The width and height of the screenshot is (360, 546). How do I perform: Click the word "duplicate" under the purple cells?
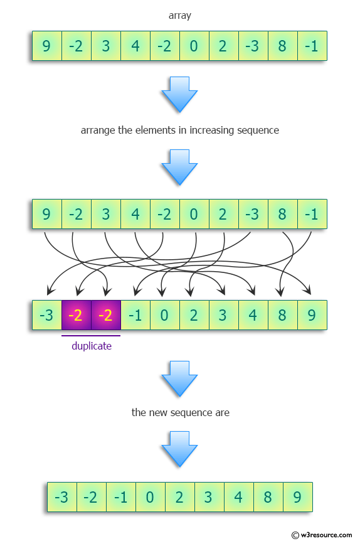[91, 346]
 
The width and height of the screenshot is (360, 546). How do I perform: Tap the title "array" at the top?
[179, 16]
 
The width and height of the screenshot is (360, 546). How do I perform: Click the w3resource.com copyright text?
[322, 535]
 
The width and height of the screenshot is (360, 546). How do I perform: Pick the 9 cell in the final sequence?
[297, 498]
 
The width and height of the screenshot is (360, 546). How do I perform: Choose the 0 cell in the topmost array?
[194, 46]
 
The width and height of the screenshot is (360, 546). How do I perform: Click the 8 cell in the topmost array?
[282, 46]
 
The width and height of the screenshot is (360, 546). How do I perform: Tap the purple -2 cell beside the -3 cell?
[76, 315]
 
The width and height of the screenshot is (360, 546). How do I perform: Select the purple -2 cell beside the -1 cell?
[105, 315]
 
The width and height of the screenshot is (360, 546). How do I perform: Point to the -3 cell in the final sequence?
[61, 498]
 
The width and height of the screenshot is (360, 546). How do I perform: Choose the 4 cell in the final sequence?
[238, 498]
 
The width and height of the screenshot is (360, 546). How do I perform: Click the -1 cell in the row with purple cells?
[135, 315]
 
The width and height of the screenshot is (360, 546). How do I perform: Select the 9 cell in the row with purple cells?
[312, 315]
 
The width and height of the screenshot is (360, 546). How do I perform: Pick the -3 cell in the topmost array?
[253, 46]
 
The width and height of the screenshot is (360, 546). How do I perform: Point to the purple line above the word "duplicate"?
[91, 336]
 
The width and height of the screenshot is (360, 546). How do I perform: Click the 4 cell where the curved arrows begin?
[135, 215]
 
